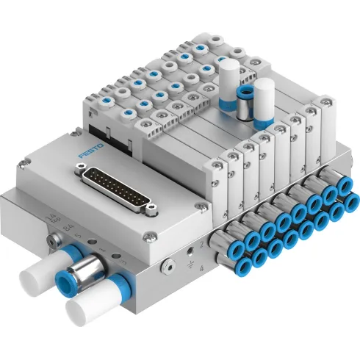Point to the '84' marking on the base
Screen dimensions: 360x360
68,231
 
